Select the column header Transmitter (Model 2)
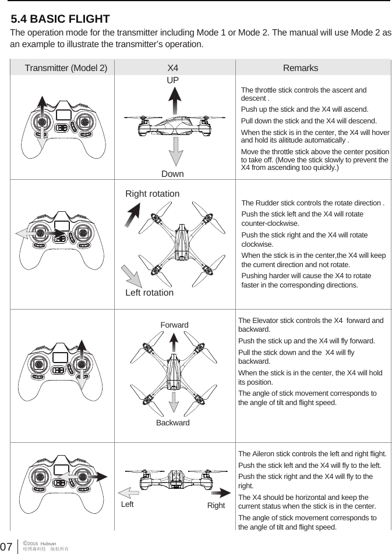coord(66,68)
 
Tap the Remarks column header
coord(301,68)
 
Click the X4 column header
coord(173,68)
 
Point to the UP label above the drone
coord(173,79)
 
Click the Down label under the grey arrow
coord(172,174)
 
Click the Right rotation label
coord(153,193)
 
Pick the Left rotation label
coord(150,293)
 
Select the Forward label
coord(174,325)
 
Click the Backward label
coord(173,422)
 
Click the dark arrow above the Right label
coord(213,492)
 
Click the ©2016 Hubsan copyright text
coord(39,543)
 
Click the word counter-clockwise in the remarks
coord(270,223)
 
